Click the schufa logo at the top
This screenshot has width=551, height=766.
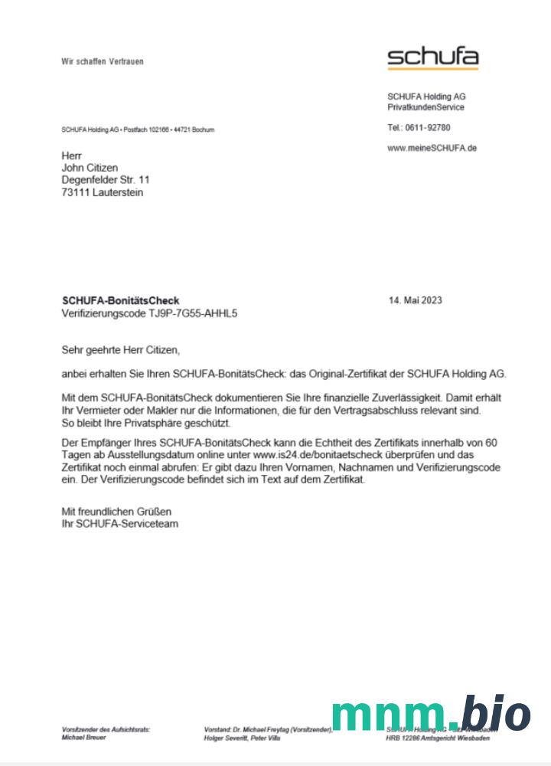click(x=432, y=57)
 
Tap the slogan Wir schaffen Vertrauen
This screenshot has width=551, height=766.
click(x=103, y=61)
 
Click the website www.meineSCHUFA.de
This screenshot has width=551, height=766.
click(x=432, y=148)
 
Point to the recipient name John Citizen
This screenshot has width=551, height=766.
click(x=90, y=168)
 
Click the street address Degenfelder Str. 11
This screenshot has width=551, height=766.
click(x=106, y=180)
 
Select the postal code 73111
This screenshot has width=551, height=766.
click(x=75, y=192)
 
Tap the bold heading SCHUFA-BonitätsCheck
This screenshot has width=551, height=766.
click(x=120, y=301)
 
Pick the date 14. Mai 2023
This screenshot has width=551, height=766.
click(x=416, y=300)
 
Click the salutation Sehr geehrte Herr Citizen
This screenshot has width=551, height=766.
click(x=120, y=350)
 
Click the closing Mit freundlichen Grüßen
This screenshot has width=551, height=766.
click(x=116, y=511)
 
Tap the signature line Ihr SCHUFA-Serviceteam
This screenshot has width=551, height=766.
click(x=120, y=524)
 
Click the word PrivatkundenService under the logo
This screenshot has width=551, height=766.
click(x=425, y=107)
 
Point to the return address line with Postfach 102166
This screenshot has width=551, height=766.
click(x=138, y=130)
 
